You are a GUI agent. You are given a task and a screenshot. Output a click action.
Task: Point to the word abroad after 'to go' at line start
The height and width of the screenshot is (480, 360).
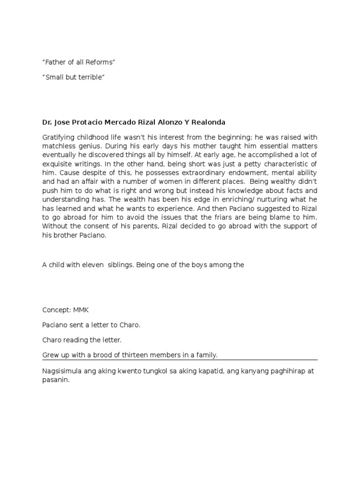click(x=69, y=218)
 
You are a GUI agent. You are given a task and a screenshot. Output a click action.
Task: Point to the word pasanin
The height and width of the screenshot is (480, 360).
click(x=55, y=380)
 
